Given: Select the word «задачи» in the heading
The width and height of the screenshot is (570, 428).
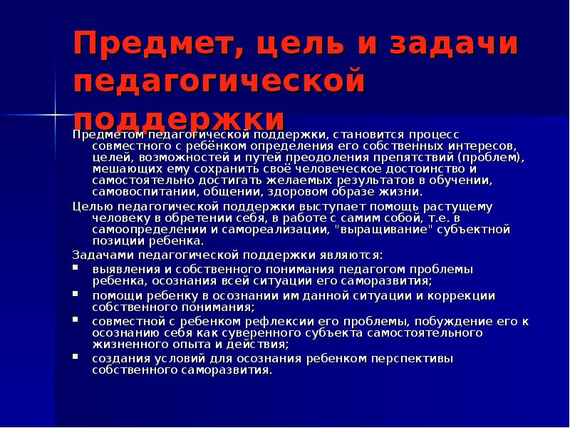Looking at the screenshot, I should pos(452,48).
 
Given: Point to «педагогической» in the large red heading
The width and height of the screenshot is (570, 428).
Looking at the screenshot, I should pos(219,82).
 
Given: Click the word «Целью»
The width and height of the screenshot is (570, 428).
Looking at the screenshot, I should pos(90,206).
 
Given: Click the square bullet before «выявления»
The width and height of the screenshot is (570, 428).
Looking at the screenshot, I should pos(76,269).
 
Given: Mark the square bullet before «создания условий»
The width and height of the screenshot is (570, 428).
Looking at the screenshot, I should pos(76,358).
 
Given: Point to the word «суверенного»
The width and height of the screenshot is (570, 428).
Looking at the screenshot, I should pos(264,332).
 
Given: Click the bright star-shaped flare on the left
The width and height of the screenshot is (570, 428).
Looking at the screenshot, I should pos(54,114).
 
